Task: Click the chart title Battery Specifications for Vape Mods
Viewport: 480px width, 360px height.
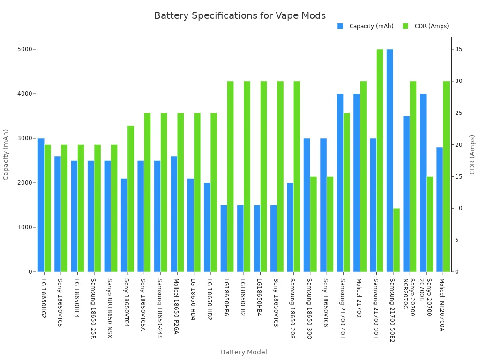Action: pyautogui.click(x=240, y=16)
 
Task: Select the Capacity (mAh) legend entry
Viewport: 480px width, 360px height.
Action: pyautogui.click(x=371, y=26)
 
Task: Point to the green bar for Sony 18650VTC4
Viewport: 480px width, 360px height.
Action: pyautogui.click(x=131, y=199)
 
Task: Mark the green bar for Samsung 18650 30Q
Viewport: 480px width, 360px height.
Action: pyautogui.click(x=314, y=224)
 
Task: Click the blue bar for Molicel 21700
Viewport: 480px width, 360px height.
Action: pyautogui.click(x=357, y=183)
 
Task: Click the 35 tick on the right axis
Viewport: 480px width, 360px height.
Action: pyautogui.click(x=459, y=49)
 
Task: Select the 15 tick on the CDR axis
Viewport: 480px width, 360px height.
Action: pyautogui.click(x=459, y=177)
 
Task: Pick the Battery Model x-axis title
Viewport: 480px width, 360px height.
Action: pyautogui.click(x=244, y=352)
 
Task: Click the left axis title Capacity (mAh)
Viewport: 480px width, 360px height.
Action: pyautogui.click(x=6, y=155)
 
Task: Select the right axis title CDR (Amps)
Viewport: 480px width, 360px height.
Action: pyautogui.click(x=472, y=155)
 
